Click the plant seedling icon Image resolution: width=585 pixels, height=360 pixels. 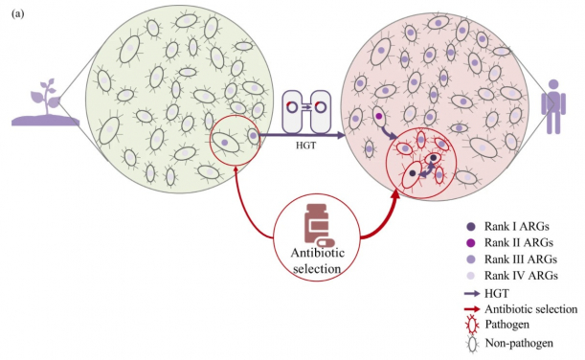tap(42, 106)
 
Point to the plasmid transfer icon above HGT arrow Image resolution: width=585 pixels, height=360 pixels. tap(305, 108)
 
